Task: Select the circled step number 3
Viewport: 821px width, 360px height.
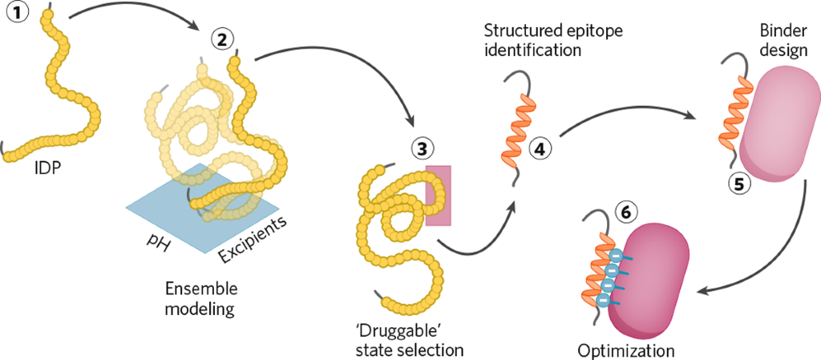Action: pyautogui.click(x=422, y=148)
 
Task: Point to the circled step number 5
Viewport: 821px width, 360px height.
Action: pyautogui.click(x=738, y=184)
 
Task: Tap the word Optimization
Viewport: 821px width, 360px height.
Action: pyautogui.click(x=625, y=350)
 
